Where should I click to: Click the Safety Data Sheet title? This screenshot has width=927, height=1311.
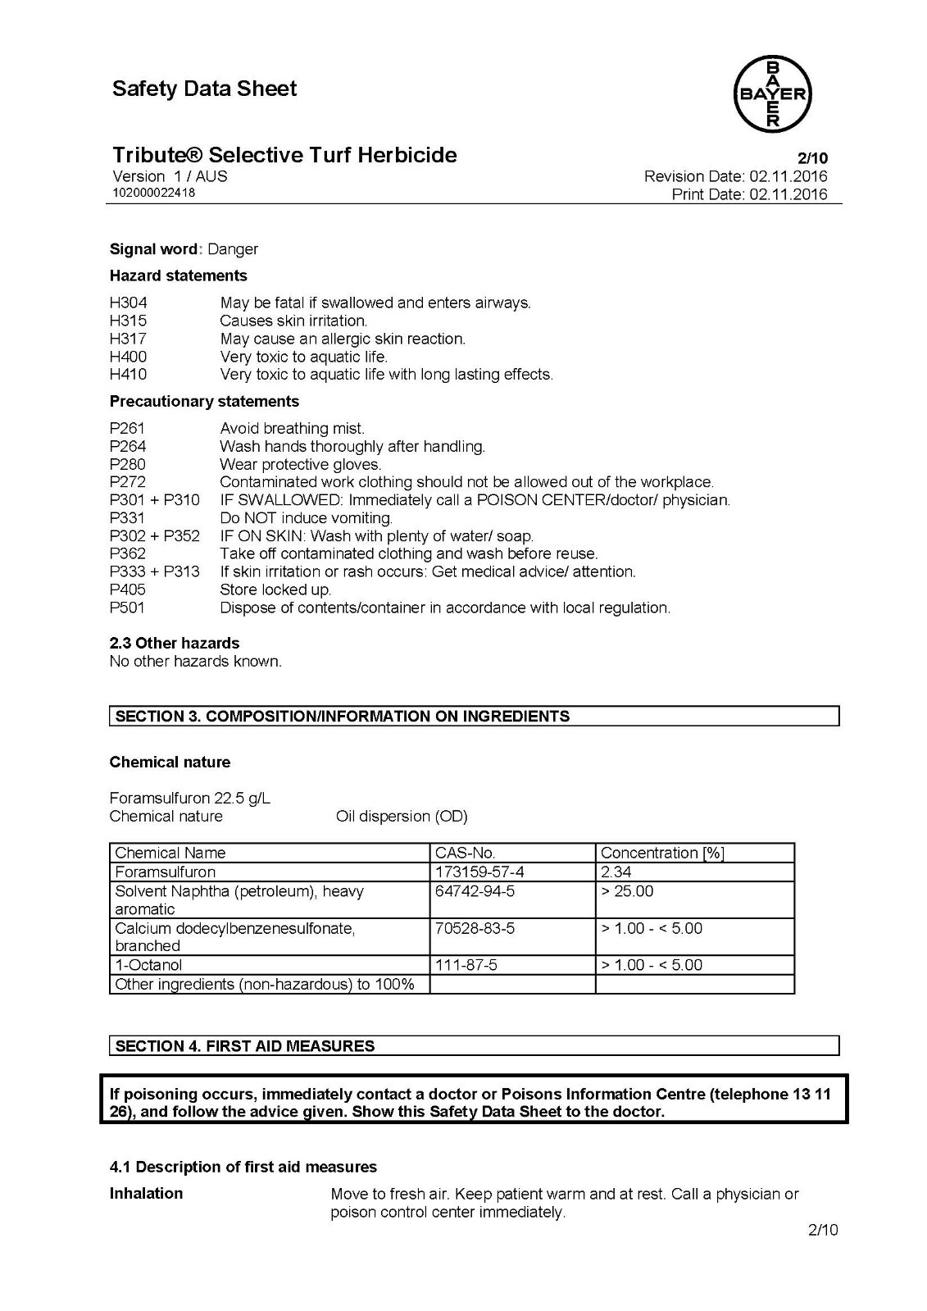[x=205, y=89]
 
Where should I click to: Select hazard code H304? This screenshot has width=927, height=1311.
[x=128, y=303]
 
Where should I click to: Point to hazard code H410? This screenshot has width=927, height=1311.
[x=128, y=375]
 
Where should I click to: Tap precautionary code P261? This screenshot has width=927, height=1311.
[x=127, y=428]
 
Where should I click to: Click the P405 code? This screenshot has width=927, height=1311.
[x=127, y=589]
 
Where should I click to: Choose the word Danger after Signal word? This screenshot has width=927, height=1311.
[x=233, y=249]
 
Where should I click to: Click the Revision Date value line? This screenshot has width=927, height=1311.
[x=735, y=176]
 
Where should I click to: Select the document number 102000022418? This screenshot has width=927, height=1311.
[x=154, y=193]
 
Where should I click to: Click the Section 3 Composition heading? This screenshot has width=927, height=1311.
[x=343, y=716]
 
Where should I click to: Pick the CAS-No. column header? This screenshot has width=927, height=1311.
[x=465, y=853]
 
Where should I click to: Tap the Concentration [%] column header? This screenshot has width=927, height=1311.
[x=662, y=853]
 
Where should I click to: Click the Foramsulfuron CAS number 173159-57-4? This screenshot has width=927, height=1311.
[x=479, y=872]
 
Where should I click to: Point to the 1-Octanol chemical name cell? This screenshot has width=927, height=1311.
[x=148, y=965]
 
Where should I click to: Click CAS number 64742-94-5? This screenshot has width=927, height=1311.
[x=475, y=891]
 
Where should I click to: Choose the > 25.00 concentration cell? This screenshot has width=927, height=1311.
[x=627, y=891]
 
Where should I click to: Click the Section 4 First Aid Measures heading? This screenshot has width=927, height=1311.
[x=245, y=1045]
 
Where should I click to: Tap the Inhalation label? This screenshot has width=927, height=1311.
[x=146, y=1193]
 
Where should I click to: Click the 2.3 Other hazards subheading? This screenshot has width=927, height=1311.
[x=175, y=643]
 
